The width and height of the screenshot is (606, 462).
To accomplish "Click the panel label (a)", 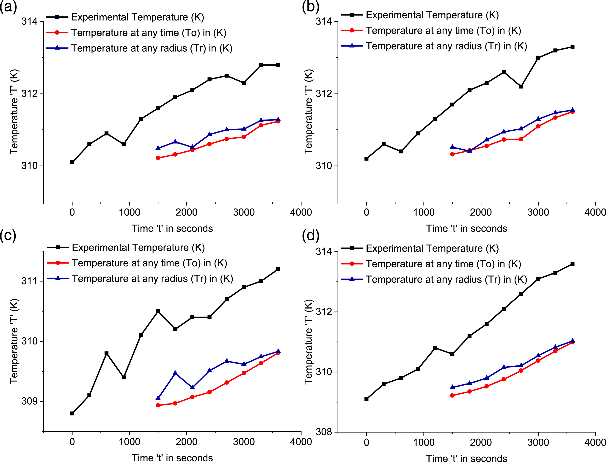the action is point(8,7).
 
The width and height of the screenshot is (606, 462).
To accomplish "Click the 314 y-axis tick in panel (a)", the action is point(29,22).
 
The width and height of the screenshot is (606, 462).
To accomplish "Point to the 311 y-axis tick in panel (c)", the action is point(29,281).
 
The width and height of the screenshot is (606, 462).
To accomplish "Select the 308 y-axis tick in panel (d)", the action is point(324,432).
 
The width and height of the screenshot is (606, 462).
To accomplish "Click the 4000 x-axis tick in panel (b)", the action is point(595,212).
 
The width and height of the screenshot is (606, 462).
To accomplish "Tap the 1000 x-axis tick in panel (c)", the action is point(129,442).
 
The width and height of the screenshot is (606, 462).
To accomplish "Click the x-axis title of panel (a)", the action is point(172,228).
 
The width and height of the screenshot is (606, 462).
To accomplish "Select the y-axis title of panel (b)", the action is point(309,112).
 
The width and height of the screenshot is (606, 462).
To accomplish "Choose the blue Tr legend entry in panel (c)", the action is point(140,278).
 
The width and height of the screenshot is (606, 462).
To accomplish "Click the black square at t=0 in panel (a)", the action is point(72,162).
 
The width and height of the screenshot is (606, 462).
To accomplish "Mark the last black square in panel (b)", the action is point(573,47).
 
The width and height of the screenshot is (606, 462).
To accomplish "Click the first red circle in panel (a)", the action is point(158,158).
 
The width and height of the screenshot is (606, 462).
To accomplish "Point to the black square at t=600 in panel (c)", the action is point(107,353).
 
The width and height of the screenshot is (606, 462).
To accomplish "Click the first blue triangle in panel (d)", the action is point(452,387).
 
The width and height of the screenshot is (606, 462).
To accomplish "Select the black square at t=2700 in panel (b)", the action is point(521,86).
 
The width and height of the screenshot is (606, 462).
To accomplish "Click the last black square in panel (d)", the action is point(573,264).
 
